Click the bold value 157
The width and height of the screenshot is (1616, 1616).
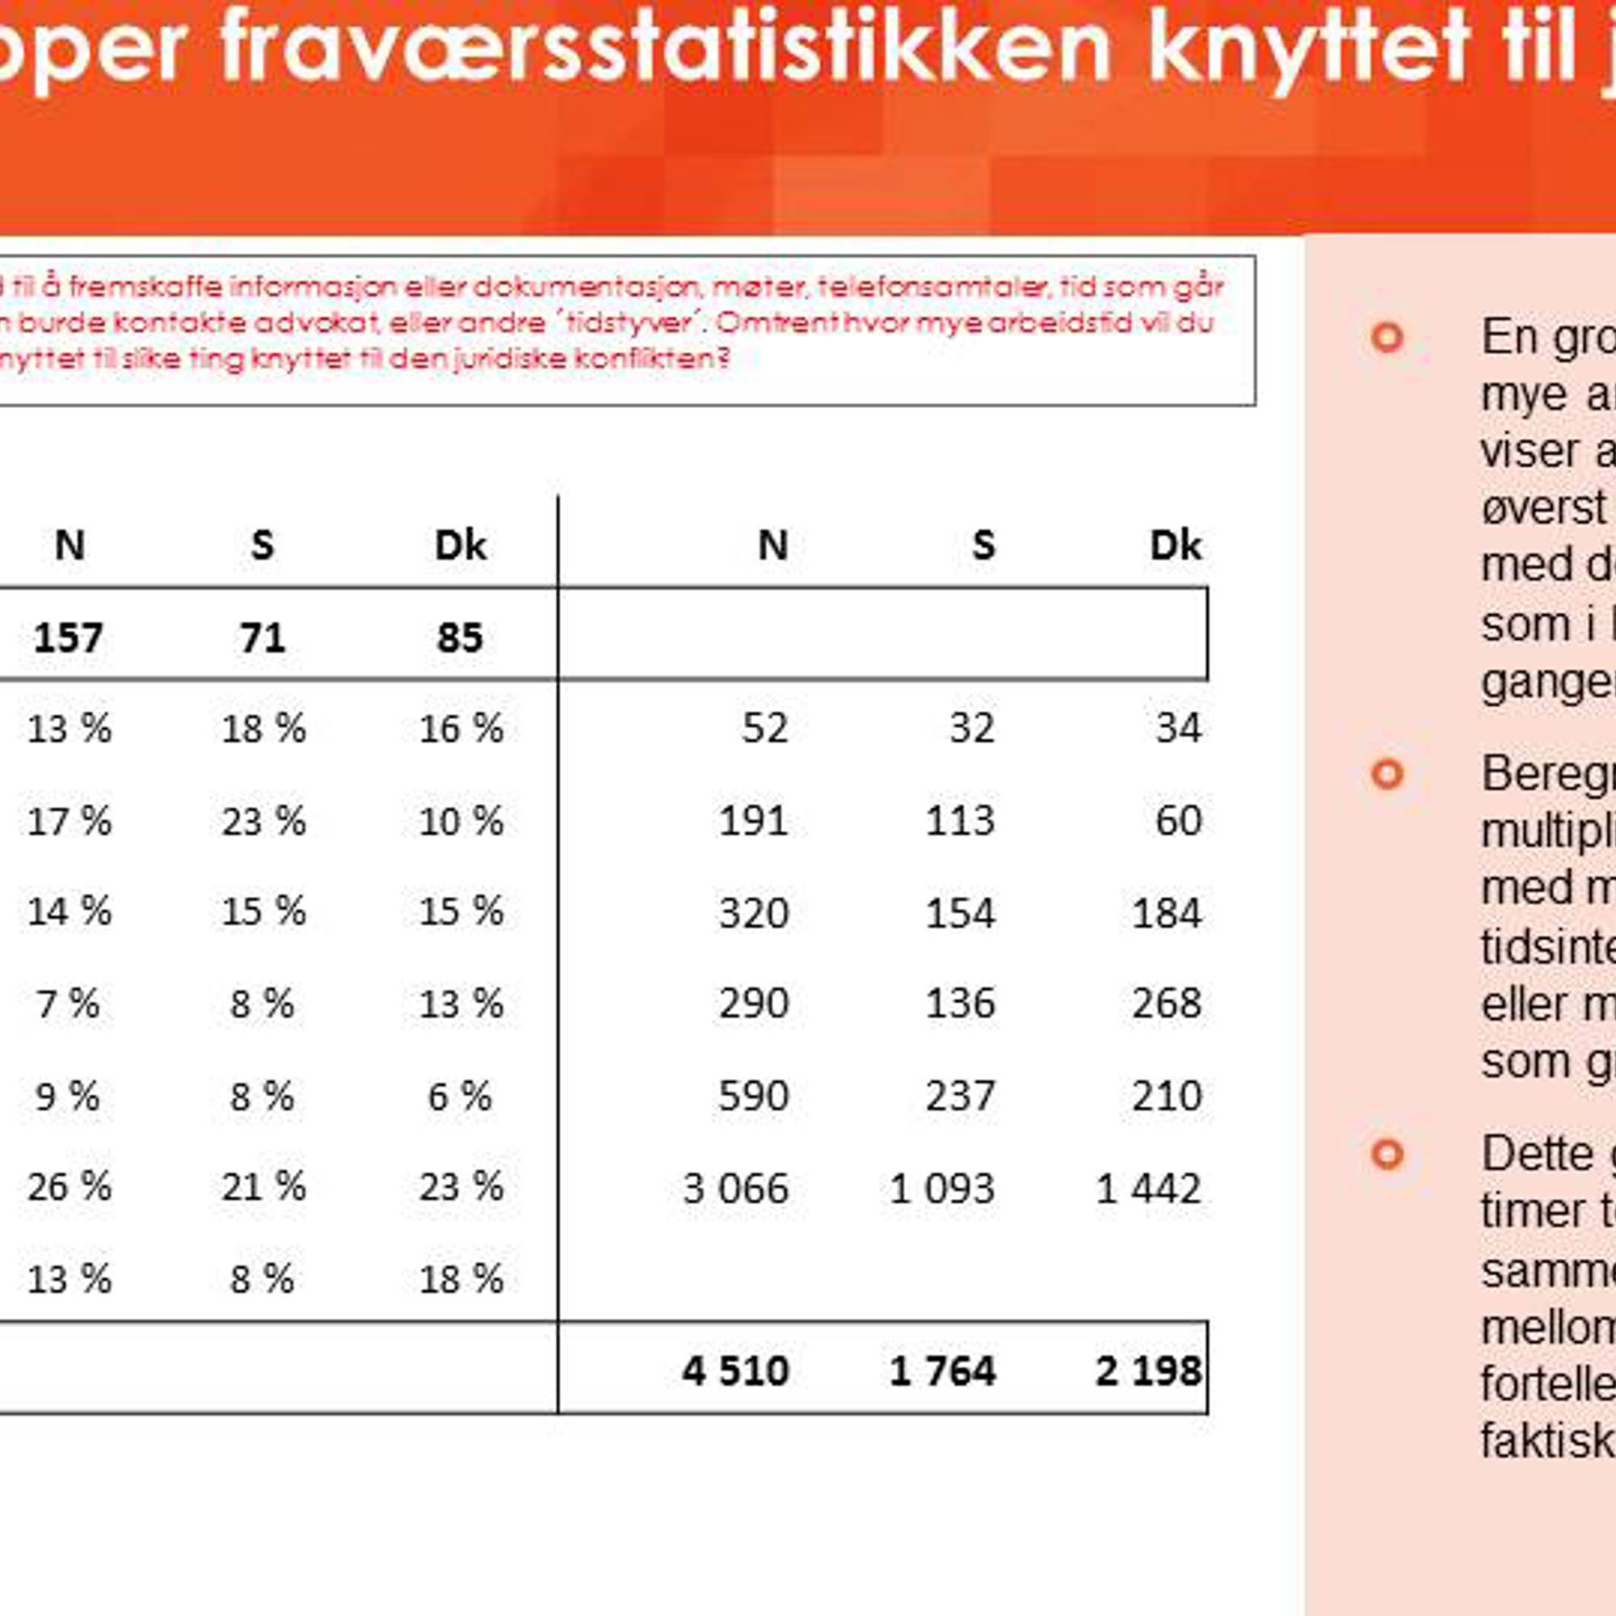click(68, 638)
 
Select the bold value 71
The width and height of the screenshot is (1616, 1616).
click(263, 638)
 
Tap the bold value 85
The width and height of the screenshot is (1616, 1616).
click(460, 638)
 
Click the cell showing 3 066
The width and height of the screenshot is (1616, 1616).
click(735, 1189)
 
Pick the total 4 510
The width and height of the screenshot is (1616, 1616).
click(735, 1371)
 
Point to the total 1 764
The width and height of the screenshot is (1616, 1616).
click(942, 1371)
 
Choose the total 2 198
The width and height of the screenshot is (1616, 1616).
click(1148, 1371)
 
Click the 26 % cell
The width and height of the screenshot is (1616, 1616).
click(69, 1187)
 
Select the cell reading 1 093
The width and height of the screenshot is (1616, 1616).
click(942, 1189)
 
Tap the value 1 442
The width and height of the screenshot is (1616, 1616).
click(1148, 1189)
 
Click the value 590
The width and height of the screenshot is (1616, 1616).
click(753, 1096)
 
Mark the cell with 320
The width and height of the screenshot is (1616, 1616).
click(753, 912)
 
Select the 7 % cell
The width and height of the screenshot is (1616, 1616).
click(68, 1004)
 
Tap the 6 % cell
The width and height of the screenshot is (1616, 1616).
click(459, 1096)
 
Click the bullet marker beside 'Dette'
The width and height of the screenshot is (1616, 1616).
click(1387, 1155)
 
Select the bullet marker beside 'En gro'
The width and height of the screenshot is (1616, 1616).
click(1387, 338)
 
